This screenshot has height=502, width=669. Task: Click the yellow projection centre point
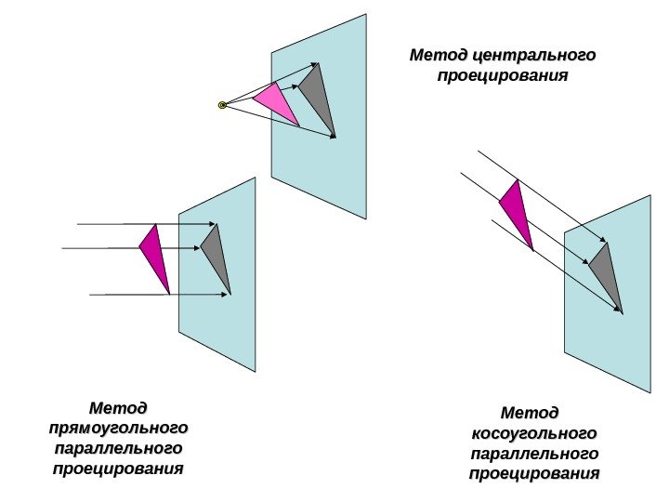222,105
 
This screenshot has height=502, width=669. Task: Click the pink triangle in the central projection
276,103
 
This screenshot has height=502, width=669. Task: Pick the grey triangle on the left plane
215,254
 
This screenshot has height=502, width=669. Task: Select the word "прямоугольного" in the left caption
118,429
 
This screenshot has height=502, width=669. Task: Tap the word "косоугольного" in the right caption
534,433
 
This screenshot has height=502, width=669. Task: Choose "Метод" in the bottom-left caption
118,408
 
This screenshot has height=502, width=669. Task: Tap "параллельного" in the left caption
118,449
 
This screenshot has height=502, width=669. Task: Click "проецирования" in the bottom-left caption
118,469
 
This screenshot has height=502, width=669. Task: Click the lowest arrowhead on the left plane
227,295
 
